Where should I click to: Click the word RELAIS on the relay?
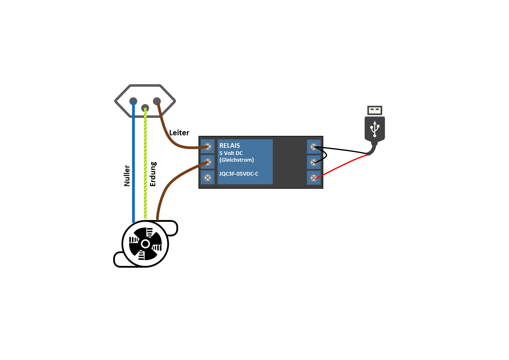[x=230, y=145]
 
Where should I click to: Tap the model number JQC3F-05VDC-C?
[x=239, y=174]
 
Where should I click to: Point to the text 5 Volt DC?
[x=231, y=153]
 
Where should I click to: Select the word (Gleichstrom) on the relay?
[x=237, y=160]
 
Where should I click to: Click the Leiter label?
[x=179, y=133]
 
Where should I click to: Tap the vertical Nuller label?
[x=127, y=176]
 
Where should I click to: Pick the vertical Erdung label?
[x=153, y=174]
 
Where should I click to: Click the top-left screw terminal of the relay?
[x=207, y=146]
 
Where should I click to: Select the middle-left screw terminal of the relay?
[x=207, y=162]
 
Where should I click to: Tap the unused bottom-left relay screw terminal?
[x=207, y=177]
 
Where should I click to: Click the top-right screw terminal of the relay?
[x=314, y=147]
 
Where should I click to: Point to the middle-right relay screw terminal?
[x=314, y=162]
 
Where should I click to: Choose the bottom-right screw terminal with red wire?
[x=314, y=178]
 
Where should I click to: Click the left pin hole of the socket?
[x=133, y=101]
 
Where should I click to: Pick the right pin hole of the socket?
[x=157, y=101]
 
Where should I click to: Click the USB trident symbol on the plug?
[x=375, y=129]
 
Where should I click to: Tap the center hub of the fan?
[x=145, y=244]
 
